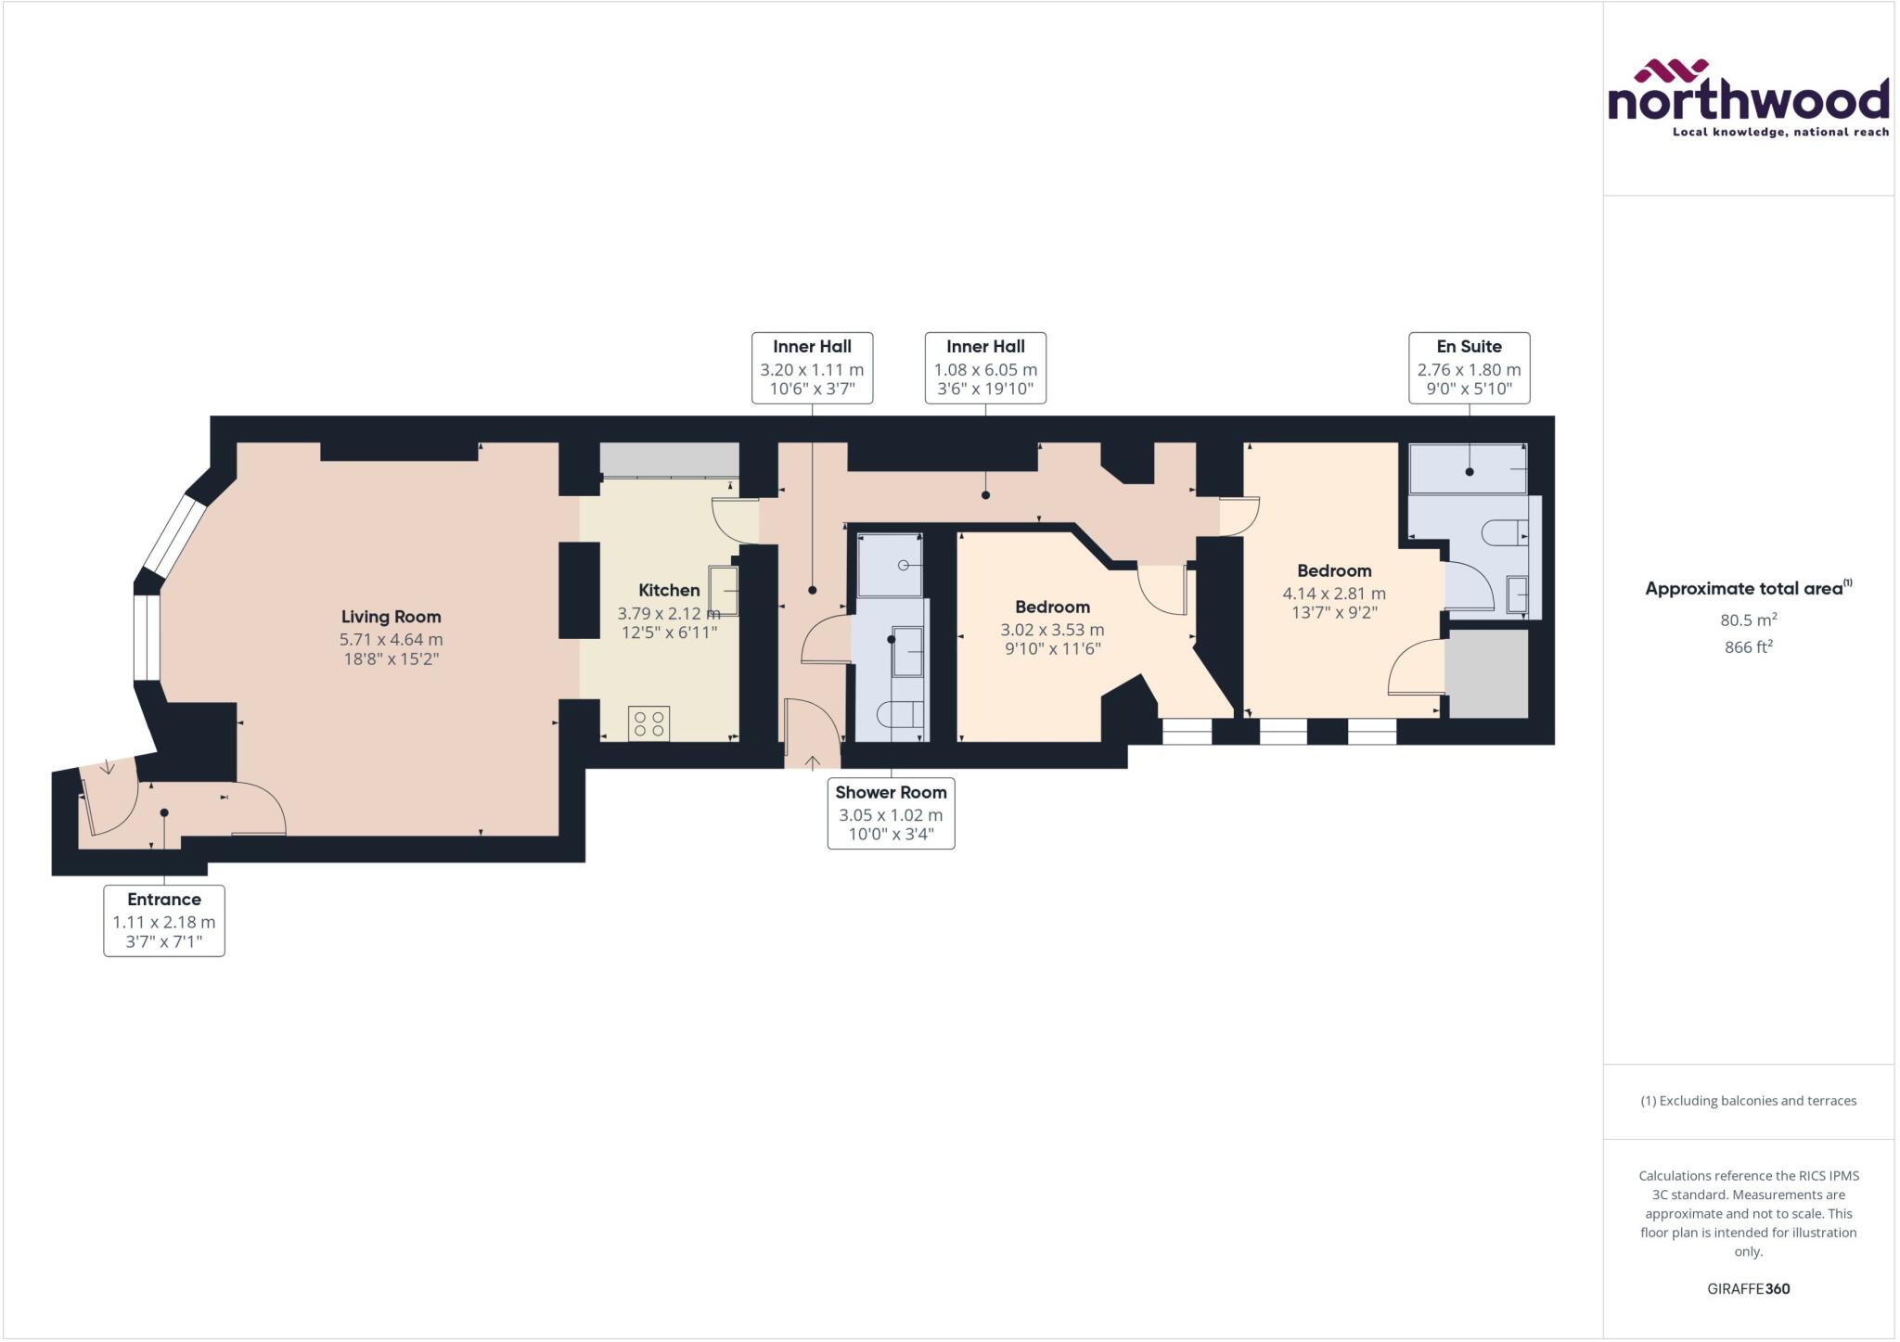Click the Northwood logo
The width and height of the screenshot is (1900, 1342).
[1748, 99]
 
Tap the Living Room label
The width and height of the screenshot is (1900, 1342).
[391, 617]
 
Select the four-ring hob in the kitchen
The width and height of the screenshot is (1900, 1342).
[648, 724]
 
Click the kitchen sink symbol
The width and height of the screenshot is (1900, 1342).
[724, 591]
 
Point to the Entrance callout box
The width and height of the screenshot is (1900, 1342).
[164, 921]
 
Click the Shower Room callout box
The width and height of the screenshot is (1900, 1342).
[891, 813]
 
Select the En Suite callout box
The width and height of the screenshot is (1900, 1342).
[1469, 368]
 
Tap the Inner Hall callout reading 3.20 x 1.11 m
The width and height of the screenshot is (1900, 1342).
[812, 368]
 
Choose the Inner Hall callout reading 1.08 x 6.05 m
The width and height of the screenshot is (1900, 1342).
[985, 368]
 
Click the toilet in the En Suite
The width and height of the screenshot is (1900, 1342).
[1503, 532]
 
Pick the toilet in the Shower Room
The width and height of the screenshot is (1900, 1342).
[900, 714]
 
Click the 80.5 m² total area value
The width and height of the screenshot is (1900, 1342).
[1748, 620]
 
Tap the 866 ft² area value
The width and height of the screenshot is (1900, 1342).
[1748, 647]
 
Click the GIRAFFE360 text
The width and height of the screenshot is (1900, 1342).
[1748, 1288]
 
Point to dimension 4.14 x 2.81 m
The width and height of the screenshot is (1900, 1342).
[1334, 594]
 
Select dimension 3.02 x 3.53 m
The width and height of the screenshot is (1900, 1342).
[1052, 630]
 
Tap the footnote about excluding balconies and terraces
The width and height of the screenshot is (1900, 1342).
[1748, 1101]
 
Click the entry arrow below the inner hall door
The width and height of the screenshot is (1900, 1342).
[812, 763]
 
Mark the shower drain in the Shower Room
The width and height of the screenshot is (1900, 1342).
[903, 566]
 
